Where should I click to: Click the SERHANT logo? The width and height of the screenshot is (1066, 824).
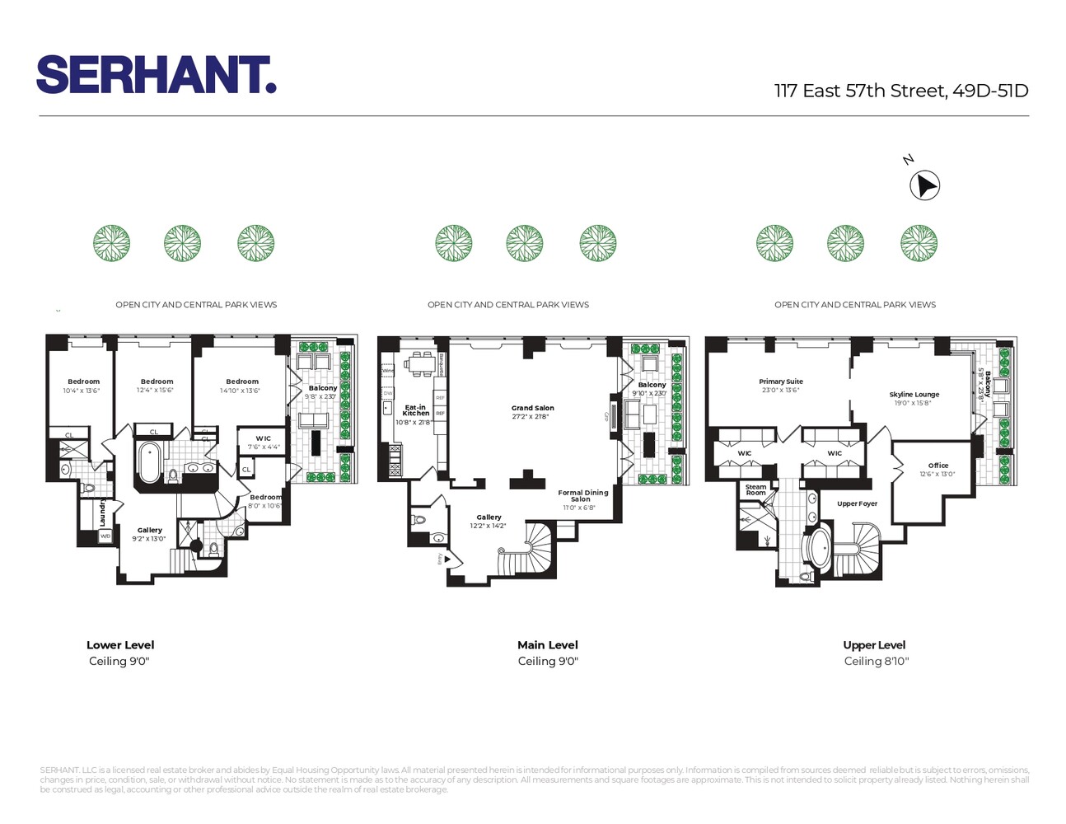click(x=156, y=75)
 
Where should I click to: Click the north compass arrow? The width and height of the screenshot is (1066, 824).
click(x=924, y=185)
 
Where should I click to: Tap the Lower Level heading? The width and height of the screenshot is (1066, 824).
click(x=120, y=645)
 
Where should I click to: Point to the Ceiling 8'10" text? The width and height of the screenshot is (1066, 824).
click(x=876, y=661)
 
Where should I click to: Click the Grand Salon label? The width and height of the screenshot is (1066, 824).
click(x=532, y=408)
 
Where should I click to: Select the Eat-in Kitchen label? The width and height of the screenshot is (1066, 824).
click(x=415, y=410)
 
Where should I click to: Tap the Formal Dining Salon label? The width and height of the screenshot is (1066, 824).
click(x=582, y=495)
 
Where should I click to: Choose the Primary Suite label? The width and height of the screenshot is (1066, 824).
click(x=780, y=382)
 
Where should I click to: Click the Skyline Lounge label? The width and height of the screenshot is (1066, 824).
click(x=914, y=395)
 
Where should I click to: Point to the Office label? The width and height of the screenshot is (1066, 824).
click(x=937, y=466)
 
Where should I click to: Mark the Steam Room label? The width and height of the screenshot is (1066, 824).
click(x=755, y=489)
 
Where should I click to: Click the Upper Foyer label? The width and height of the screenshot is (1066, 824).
click(x=857, y=503)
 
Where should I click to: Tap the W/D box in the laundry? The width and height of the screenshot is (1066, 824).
click(x=105, y=536)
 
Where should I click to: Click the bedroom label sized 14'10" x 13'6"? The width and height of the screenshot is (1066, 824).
click(x=242, y=382)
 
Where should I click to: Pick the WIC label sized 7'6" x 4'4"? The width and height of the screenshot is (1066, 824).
click(x=263, y=438)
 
